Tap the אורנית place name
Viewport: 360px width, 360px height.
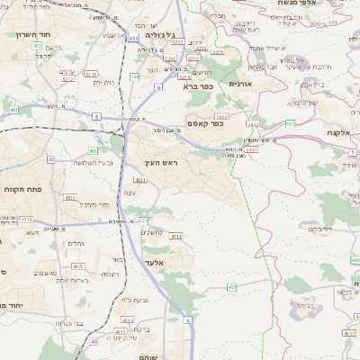245,83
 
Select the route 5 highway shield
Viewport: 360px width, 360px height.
96,116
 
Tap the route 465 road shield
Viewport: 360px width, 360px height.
231,287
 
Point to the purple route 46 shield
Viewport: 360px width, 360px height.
94,342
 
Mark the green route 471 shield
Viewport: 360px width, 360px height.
143,220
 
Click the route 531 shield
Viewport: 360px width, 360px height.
133,39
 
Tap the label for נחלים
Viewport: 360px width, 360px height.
76,242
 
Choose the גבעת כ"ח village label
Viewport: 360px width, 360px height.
133,300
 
